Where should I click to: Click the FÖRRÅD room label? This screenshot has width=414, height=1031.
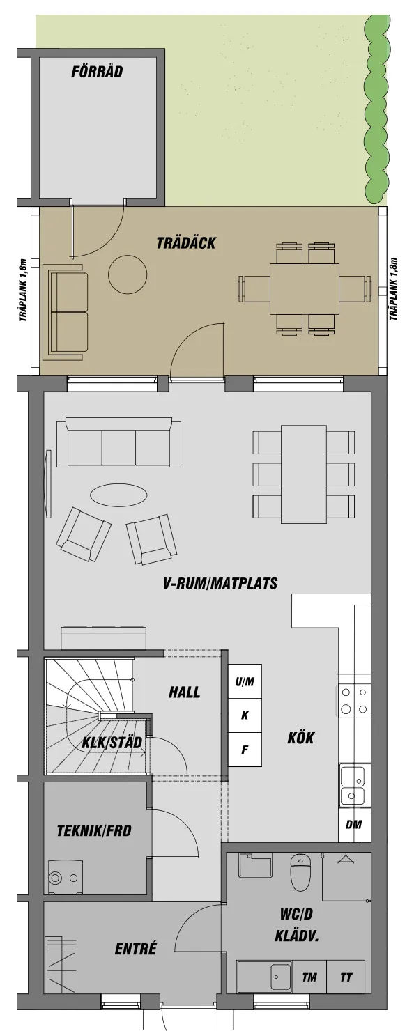click(97, 72)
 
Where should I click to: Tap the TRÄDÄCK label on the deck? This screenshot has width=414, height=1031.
click(186, 243)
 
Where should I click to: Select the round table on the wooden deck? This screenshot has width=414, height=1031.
click(128, 274)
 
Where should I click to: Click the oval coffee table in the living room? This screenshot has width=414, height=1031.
click(118, 495)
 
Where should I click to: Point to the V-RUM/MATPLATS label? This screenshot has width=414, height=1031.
click(220, 583)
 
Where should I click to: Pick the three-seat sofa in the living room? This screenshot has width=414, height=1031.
click(118, 444)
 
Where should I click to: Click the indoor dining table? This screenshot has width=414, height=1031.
click(303, 474)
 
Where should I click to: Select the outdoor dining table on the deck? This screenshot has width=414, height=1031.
click(305, 288)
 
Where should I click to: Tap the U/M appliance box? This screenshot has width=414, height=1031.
click(245, 681)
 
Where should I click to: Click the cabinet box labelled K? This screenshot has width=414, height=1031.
click(245, 715)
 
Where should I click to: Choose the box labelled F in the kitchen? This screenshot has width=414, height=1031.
click(245, 750)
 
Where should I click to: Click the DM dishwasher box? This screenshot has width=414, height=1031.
click(354, 825)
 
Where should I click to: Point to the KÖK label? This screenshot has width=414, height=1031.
click(301, 738)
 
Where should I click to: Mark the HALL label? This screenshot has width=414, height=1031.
click(184, 692)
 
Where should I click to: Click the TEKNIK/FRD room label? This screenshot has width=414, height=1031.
click(94, 830)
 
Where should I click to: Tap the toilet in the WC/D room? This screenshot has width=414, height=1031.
click(300, 872)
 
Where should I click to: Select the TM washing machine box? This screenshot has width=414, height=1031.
click(309, 977)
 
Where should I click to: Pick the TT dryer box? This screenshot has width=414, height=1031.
click(346, 977)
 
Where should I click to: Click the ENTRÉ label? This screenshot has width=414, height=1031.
click(135, 949)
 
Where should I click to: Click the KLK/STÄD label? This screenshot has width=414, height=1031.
click(112, 743)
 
